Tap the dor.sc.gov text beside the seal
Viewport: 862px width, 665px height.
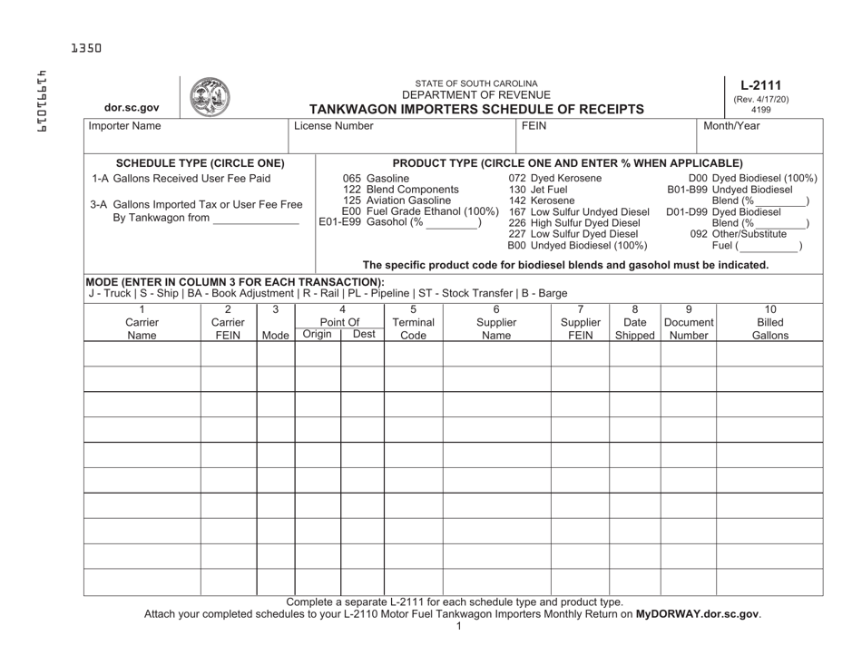click(x=127, y=108)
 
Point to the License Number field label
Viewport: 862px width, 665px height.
click(x=333, y=127)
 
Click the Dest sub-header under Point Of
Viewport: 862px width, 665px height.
click(x=363, y=335)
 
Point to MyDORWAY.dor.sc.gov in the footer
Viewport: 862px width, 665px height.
click(x=697, y=614)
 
